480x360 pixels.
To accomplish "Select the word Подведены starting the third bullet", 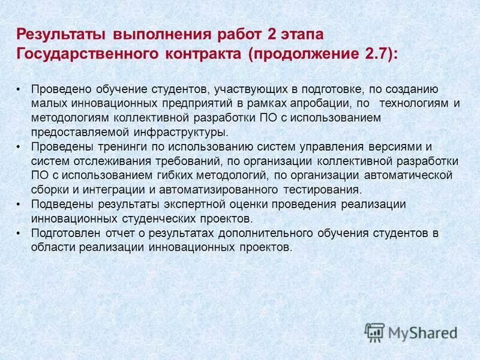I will click(x=59, y=205).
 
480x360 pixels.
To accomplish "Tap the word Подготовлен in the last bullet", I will click(x=63, y=233).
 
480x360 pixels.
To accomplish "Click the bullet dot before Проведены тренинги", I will click(x=19, y=147).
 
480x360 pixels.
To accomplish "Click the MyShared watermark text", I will click(x=422, y=332).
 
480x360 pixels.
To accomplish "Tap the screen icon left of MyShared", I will click(x=374, y=332).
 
